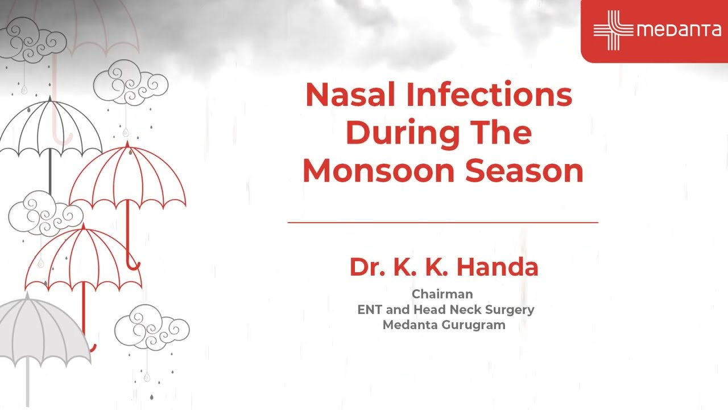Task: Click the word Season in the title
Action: [x=524, y=170]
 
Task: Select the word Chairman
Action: [x=442, y=294]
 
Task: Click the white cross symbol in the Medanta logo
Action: [x=613, y=30]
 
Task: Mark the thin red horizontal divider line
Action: [x=442, y=222]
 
